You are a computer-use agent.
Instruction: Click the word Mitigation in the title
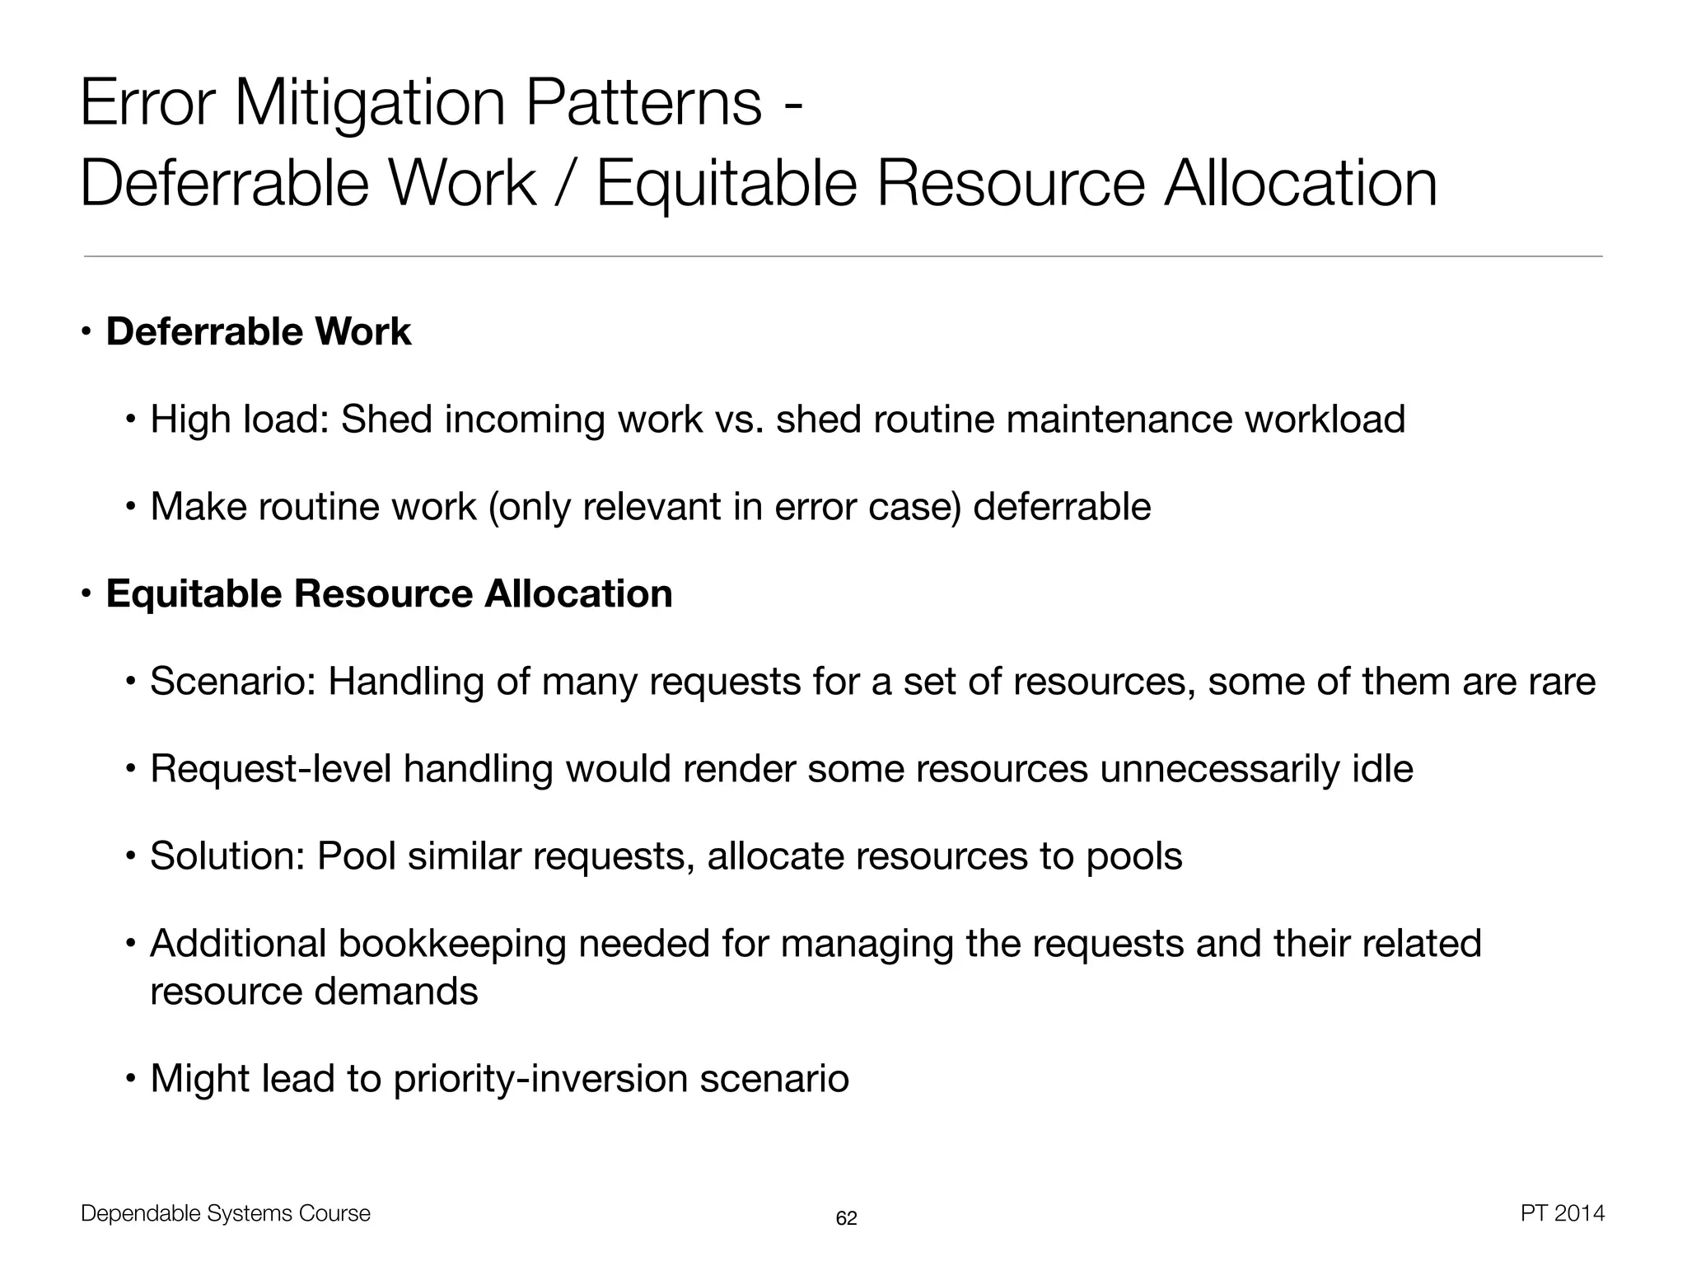[x=371, y=103]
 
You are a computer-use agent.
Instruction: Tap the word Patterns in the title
[x=643, y=103]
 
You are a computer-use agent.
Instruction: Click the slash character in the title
[x=565, y=183]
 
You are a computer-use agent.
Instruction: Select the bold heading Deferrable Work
[x=259, y=331]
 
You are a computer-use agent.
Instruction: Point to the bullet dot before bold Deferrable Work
[x=86, y=332]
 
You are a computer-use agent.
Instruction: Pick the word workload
[x=1324, y=419]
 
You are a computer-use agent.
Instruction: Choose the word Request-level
[x=270, y=769]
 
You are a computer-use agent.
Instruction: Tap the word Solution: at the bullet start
[x=227, y=856]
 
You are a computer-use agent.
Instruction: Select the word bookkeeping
[x=451, y=944]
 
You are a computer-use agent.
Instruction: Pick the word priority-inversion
[x=540, y=1079]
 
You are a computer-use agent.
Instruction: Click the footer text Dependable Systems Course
[x=226, y=1213]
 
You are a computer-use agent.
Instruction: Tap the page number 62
[x=846, y=1218]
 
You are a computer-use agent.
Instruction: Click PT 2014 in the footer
[x=1562, y=1213]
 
